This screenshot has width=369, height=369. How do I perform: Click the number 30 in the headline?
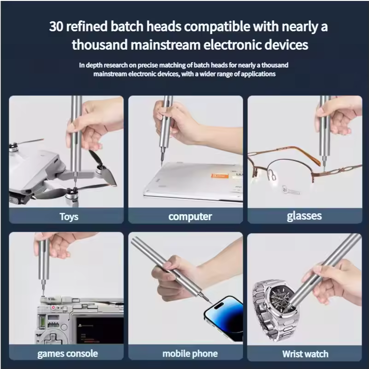[x=56, y=26]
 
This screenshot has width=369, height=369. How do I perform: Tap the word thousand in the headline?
[x=100, y=45]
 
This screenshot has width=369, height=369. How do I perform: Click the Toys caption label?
[x=69, y=217]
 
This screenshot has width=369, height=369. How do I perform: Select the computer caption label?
[x=190, y=217]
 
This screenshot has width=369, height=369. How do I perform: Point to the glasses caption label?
[x=305, y=216]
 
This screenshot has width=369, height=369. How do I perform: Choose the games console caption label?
[x=68, y=353]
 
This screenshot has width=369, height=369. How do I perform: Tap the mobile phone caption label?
[x=190, y=353]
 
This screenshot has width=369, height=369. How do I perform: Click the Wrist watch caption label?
[x=305, y=354]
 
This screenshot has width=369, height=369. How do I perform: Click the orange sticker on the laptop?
[x=220, y=176]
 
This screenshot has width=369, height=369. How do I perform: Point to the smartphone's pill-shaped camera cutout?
[x=219, y=306]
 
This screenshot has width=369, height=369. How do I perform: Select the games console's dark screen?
[x=99, y=330]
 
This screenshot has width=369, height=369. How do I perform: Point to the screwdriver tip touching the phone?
[x=211, y=303]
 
